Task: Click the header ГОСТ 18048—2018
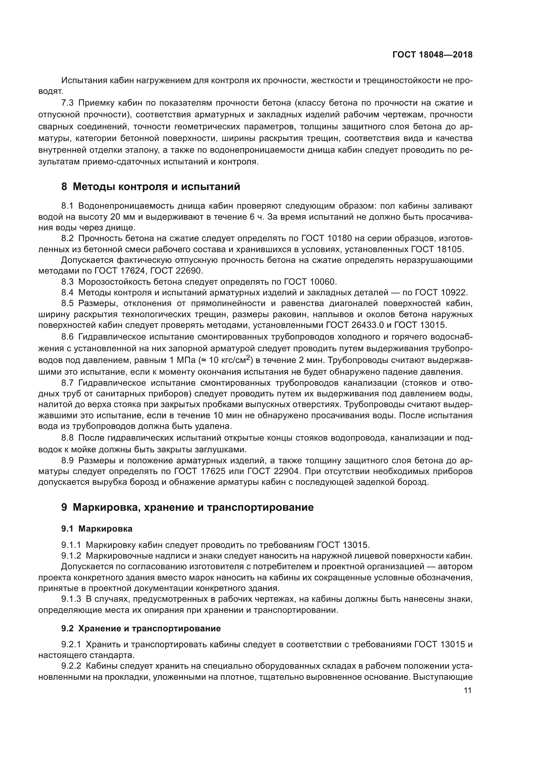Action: pyautogui.click(x=432, y=55)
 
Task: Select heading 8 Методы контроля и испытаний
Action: pyautogui.click(x=151, y=187)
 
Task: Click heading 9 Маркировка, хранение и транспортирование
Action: pyautogui.click(x=187, y=507)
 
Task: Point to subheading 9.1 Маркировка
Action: pyautogui.click(x=97, y=529)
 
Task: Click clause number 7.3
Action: pyautogui.click(x=68, y=103)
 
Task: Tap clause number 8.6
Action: pyautogui.click(x=68, y=337)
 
